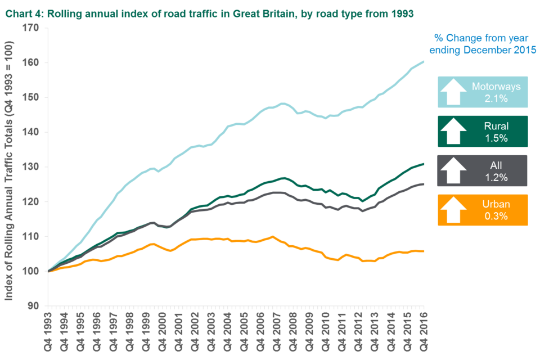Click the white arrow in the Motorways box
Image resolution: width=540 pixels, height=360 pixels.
pyautogui.click(x=454, y=91)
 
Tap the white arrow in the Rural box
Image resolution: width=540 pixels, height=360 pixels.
pyautogui.click(x=454, y=130)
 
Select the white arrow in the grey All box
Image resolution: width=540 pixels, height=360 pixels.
pyautogui.click(x=454, y=170)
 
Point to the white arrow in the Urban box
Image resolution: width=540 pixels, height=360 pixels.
pyautogui.click(x=454, y=210)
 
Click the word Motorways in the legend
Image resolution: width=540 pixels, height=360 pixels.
pyautogui.click(x=496, y=87)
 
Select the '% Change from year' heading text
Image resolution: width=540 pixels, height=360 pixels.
pyautogui.click(x=481, y=38)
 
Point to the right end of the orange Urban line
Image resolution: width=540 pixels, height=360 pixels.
pyautogui.click(x=424, y=251)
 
